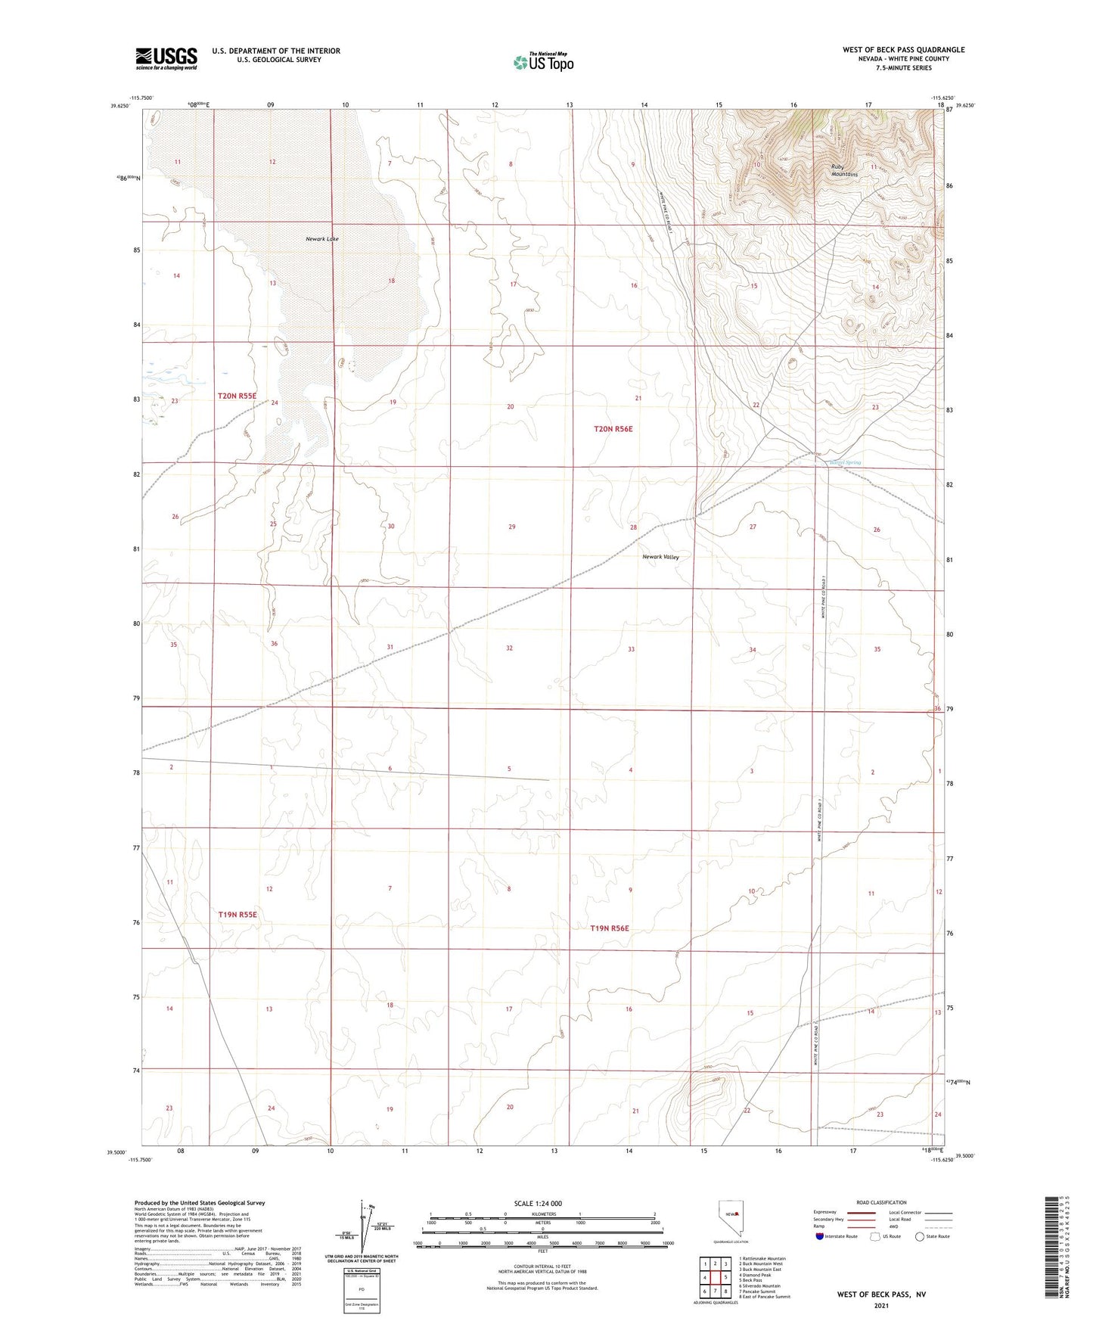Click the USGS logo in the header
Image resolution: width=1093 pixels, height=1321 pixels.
(166, 58)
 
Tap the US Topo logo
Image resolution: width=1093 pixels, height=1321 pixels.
(542, 62)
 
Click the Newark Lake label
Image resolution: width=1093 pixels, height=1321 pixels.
(321, 239)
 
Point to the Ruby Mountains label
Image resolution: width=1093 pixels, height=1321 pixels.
(843, 170)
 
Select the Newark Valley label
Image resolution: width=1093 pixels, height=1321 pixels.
(660, 557)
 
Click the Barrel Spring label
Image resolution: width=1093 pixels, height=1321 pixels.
(844, 462)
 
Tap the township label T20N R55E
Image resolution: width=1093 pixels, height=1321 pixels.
(238, 396)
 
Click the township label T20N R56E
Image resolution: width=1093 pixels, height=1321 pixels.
(613, 429)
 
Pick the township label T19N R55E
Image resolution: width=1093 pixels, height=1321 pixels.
(238, 915)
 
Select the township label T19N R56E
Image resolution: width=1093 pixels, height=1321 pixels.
(610, 928)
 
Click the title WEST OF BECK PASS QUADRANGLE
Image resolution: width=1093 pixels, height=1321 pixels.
(903, 50)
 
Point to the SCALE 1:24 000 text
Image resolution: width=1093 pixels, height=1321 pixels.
(538, 1203)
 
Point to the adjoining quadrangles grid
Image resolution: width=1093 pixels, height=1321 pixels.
(715, 1279)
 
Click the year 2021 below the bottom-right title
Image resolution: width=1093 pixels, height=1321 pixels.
(880, 1305)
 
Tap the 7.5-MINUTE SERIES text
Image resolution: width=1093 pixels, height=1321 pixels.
(904, 68)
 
